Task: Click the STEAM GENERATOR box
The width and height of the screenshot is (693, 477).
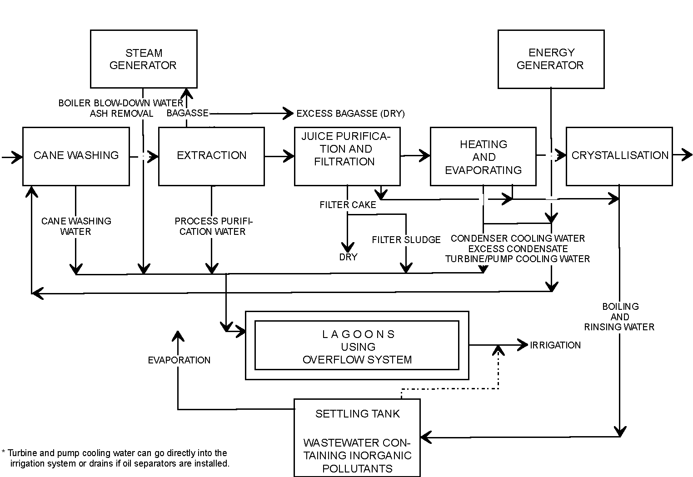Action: [x=144, y=59]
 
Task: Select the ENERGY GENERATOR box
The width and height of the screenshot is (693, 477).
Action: [x=551, y=59]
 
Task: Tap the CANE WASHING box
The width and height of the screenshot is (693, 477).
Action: [x=76, y=156]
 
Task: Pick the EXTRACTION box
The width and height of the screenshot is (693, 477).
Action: [x=211, y=156]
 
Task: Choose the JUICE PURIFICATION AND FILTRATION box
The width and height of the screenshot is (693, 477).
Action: [x=347, y=156]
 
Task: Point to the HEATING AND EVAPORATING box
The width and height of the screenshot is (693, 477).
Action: [x=483, y=157]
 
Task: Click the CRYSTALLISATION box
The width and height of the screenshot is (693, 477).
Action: [x=619, y=156]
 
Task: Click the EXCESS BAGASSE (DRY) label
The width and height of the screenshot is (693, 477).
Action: [x=350, y=114]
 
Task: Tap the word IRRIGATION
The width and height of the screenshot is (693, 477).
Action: [x=555, y=345]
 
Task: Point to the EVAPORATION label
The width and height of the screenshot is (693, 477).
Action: [x=179, y=360]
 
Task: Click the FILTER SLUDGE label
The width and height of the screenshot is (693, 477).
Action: [x=406, y=240]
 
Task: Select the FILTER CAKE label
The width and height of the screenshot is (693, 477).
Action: [x=348, y=205]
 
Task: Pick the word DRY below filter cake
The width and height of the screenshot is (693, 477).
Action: [x=348, y=257]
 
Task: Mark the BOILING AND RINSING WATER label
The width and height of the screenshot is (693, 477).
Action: [x=619, y=317]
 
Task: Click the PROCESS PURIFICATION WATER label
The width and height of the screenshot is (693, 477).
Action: [x=213, y=226]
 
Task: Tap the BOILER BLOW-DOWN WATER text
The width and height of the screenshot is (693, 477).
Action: [x=120, y=103]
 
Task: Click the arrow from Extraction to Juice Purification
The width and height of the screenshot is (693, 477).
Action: [x=279, y=156]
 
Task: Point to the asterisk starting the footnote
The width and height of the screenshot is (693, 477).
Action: [x=4, y=453]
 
